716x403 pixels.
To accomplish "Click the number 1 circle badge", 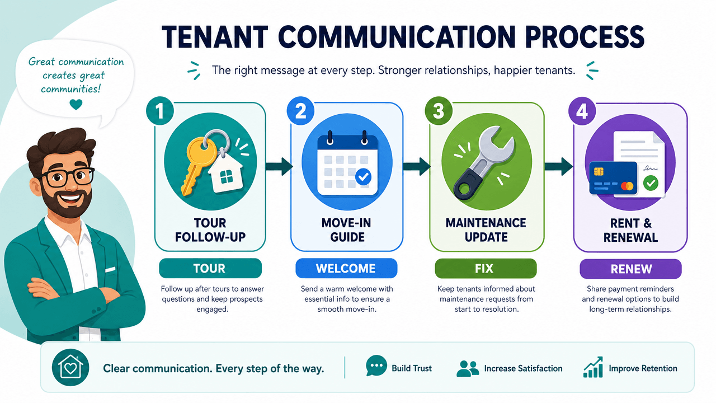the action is coord(160,111).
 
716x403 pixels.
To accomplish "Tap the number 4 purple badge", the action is coord(582,111).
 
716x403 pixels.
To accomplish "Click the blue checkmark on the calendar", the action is coord(363,177).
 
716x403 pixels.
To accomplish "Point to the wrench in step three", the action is coord(483,163).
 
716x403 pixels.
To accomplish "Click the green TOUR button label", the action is coord(210,268).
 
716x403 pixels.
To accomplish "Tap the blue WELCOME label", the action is coord(346,268).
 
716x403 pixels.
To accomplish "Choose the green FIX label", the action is coord(486,268).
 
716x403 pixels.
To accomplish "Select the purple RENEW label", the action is coord(630,269).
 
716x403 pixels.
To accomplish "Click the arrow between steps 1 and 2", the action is coord(279,166).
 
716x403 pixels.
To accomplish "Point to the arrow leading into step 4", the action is coord(558,166).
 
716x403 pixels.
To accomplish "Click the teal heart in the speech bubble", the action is coord(76,104).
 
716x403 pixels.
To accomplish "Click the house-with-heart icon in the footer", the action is coord(70,368).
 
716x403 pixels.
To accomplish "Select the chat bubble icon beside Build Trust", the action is coord(376,365).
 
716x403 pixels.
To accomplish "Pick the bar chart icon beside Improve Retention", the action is coord(593,367).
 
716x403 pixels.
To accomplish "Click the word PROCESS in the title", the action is coord(585,37).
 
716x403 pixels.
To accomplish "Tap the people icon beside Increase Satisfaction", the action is coord(468,368).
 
